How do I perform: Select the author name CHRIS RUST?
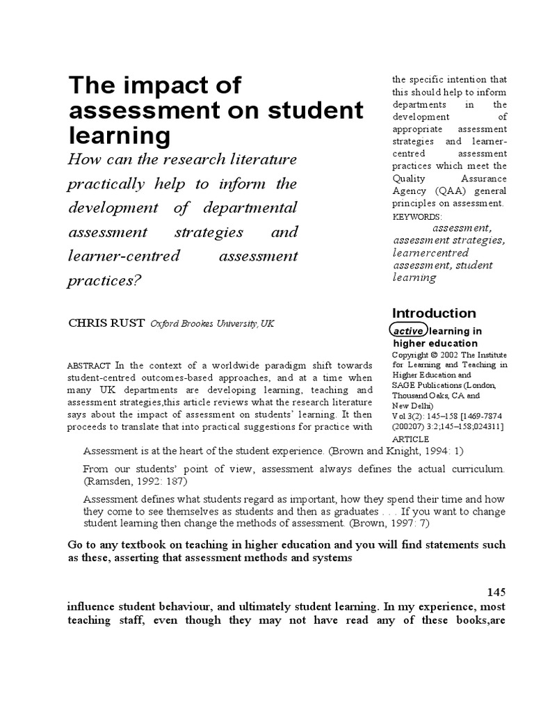pos(106,323)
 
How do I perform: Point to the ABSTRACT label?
pos(90,366)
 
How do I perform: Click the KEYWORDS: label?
pos(417,217)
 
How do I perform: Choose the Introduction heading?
pos(434,313)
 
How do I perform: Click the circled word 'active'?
pos(408,332)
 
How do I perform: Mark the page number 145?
pos(496,591)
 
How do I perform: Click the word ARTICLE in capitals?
pos(412,439)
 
